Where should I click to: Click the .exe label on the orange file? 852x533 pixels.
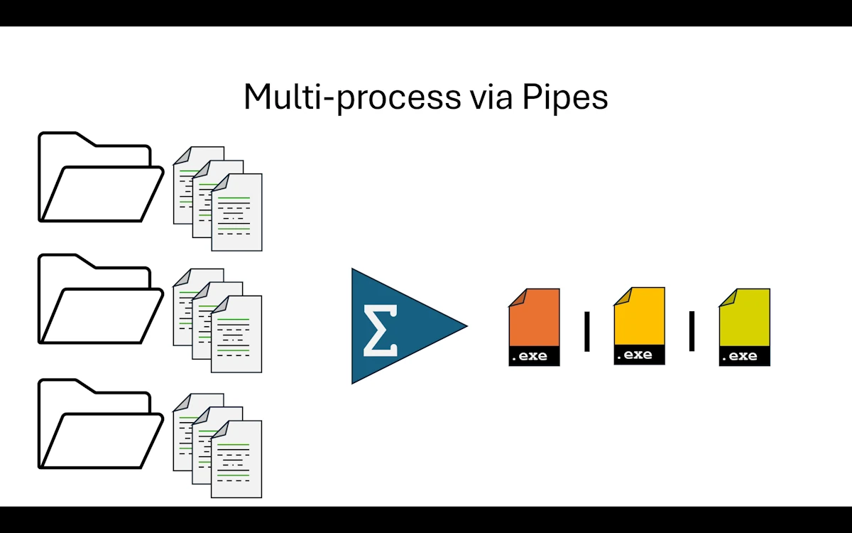[534, 356]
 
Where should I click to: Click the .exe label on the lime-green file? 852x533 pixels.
[744, 356]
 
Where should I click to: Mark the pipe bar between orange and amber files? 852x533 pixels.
[587, 331]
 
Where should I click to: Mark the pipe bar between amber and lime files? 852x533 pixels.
[692, 331]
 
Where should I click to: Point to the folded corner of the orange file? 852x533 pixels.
[517, 297]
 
